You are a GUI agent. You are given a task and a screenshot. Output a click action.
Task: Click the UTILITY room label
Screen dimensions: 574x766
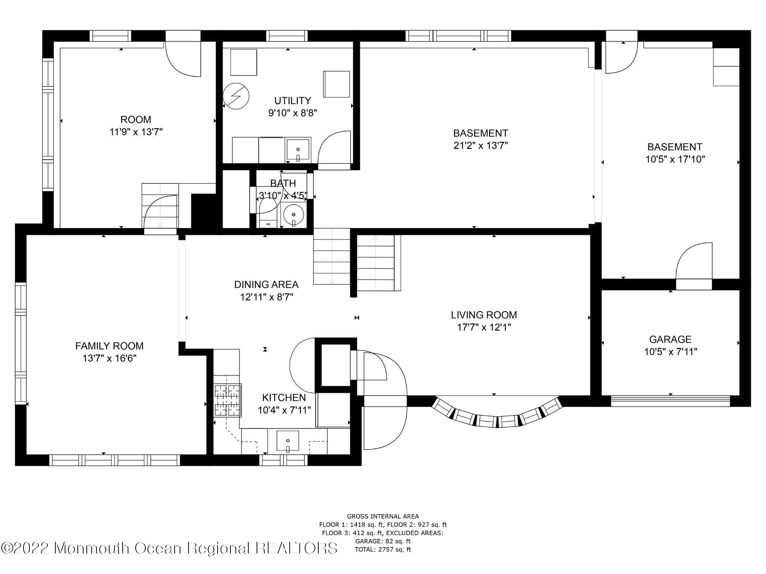coord(292,101)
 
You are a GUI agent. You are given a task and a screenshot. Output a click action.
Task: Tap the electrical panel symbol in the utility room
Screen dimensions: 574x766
coord(236,95)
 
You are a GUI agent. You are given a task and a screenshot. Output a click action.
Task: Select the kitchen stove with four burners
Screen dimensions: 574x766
coord(227,400)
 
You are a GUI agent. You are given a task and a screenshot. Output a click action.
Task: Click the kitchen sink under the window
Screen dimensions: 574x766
coord(288,441)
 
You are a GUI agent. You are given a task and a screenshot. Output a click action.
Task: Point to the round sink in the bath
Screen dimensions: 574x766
coord(293,215)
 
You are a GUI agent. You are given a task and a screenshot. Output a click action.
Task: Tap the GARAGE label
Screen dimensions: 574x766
coord(670,339)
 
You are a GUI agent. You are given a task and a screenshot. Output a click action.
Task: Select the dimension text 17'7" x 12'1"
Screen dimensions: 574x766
coord(484,328)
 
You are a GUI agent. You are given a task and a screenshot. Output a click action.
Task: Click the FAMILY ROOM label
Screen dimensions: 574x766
coord(109,346)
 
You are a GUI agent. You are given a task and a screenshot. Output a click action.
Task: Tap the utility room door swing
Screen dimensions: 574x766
coord(334,148)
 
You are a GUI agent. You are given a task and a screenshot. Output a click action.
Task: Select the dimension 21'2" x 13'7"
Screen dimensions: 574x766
coord(480,146)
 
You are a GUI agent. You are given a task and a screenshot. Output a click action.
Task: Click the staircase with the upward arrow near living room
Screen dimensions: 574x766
coord(376,263)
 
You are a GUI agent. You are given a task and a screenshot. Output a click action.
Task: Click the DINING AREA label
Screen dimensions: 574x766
coord(266,285)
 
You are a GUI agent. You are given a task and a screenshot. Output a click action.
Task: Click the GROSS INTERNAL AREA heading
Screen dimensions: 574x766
coord(383,516)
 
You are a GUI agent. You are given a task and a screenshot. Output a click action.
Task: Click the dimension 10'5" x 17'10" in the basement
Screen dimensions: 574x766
coord(675,160)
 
